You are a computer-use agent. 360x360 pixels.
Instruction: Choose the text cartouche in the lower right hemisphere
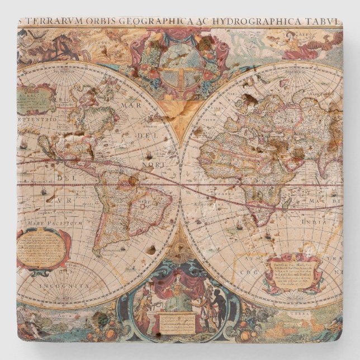(293, 273)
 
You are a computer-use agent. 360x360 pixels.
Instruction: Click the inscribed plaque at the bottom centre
(178, 323)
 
